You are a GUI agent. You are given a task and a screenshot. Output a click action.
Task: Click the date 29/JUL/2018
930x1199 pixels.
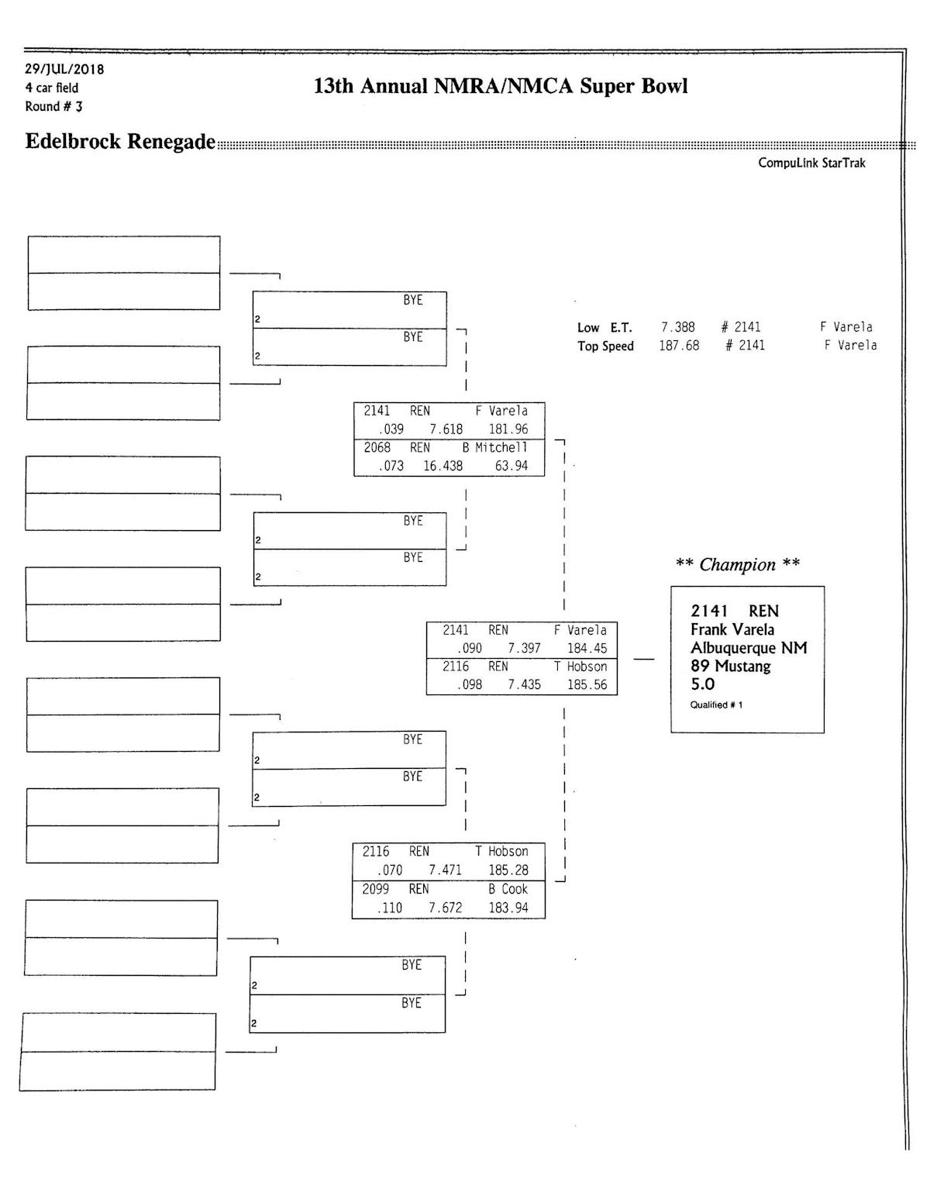click(x=64, y=69)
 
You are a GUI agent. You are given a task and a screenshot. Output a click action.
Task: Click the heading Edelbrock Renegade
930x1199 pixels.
click(x=120, y=142)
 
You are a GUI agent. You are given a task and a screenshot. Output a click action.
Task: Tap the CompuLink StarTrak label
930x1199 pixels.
click(x=811, y=163)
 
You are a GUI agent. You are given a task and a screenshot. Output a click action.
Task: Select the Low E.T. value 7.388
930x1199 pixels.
click(x=677, y=327)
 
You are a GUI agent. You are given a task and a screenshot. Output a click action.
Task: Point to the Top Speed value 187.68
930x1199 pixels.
click(x=679, y=346)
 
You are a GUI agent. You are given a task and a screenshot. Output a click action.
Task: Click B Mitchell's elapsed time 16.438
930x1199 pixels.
click(x=443, y=466)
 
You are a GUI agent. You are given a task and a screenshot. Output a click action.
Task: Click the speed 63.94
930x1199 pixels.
click(x=511, y=466)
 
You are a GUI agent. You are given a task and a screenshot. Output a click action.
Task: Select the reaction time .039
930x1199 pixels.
click(x=391, y=429)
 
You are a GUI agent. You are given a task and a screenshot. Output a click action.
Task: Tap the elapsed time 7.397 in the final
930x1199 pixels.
click(x=524, y=648)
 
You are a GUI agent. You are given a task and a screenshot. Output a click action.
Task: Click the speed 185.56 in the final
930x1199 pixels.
click(x=587, y=684)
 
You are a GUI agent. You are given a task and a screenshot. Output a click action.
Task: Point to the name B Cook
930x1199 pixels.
click(x=508, y=889)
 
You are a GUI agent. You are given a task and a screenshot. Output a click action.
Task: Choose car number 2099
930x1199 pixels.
click(x=376, y=889)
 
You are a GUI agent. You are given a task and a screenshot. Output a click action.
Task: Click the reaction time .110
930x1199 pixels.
click(x=389, y=908)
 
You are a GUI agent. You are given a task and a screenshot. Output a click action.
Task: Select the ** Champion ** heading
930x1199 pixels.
click(x=737, y=564)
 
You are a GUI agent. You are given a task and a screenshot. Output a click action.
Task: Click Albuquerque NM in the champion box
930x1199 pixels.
click(x=748, y=648)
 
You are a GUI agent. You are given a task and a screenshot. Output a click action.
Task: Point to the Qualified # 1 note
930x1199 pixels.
click(x=716, y=705)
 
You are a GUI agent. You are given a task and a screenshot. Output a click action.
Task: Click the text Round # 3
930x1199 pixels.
click(x=53, y=106)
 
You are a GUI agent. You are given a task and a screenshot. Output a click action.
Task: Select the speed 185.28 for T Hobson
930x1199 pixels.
click(x=508, y=870)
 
